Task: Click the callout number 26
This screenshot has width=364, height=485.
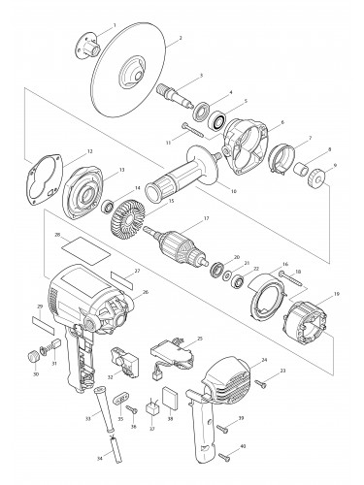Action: tap(146, 291)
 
